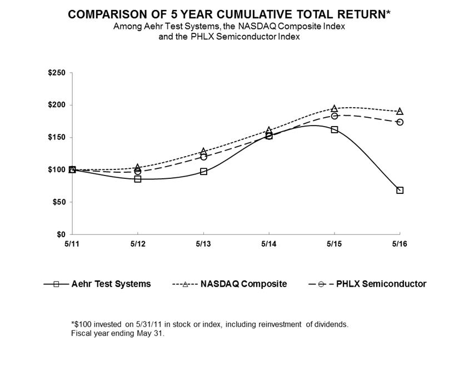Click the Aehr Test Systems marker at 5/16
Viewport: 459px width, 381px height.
400,190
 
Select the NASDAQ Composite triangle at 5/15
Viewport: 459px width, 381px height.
335,109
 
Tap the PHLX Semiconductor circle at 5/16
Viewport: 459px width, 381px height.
400,122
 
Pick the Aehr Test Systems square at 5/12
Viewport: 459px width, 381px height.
138,179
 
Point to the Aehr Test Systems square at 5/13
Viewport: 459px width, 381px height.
203,172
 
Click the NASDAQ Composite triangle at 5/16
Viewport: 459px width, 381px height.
400,112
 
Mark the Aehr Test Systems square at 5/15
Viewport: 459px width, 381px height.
335,129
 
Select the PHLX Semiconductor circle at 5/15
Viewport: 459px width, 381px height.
335,116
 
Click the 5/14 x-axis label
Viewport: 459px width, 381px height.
269,244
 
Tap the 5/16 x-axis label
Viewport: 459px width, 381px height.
400,244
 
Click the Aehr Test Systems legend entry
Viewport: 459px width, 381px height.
111,284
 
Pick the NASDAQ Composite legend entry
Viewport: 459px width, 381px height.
244,284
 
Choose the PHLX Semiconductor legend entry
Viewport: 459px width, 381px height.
381,284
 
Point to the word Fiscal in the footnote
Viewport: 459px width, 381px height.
81,334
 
